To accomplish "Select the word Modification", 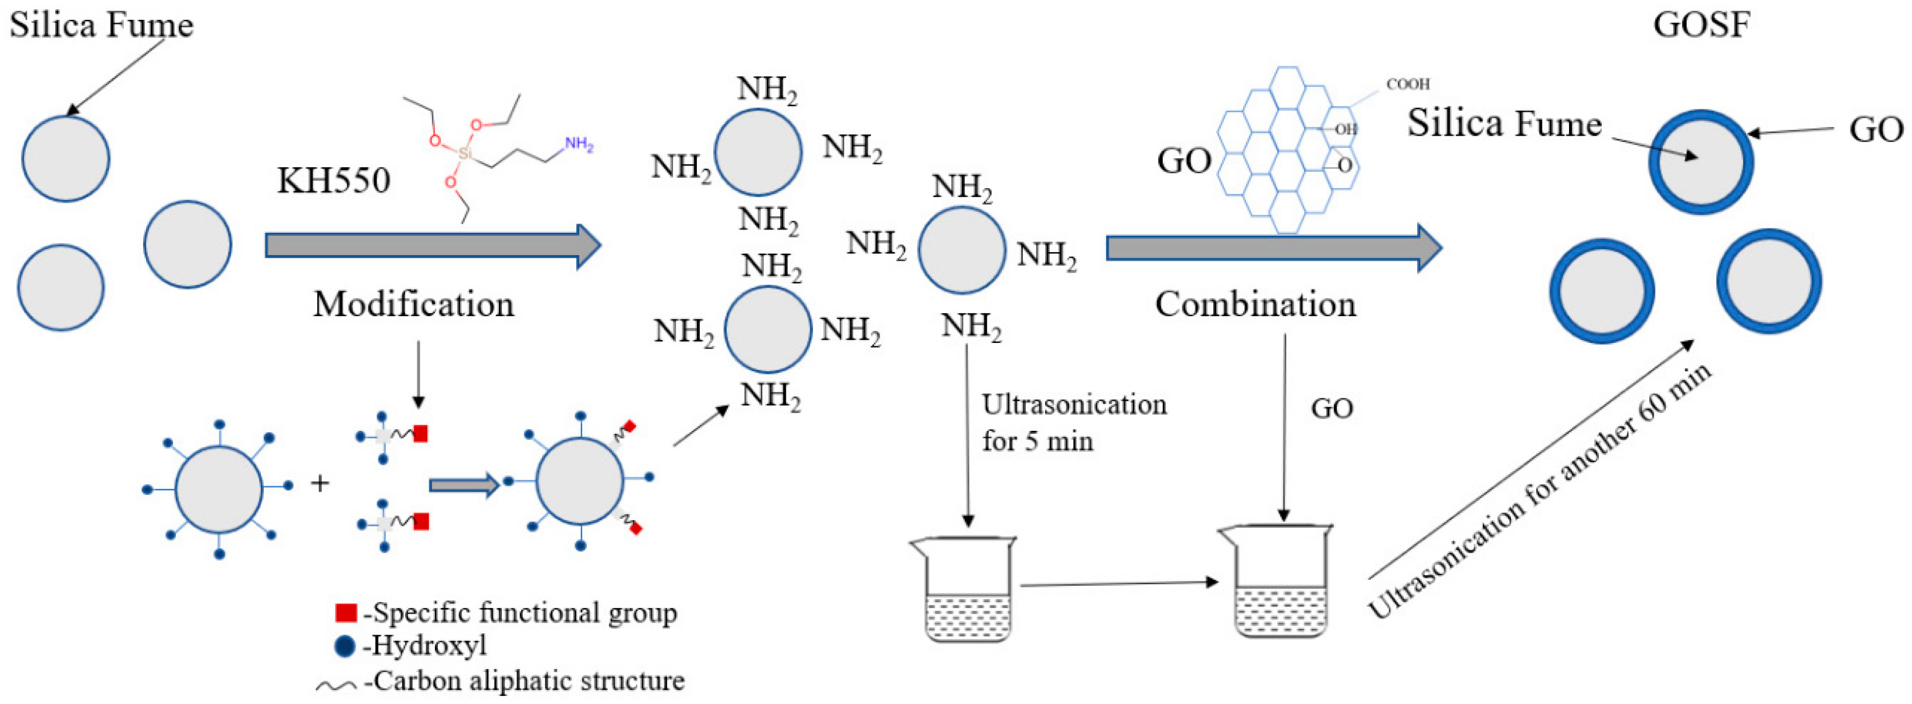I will (x=413, y=305).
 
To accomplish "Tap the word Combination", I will (x=1255, y=305).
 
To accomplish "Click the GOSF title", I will (x=1701, y=25).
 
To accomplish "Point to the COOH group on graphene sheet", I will (x=1407, y=84).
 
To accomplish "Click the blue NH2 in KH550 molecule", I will (x=579, y=144).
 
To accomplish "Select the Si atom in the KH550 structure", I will (x=465, y=154).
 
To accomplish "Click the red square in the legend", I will (x=346, y=613).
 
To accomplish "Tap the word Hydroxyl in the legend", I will (x=429, y=645).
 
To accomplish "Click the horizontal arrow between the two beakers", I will (x=1119, y=583).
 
